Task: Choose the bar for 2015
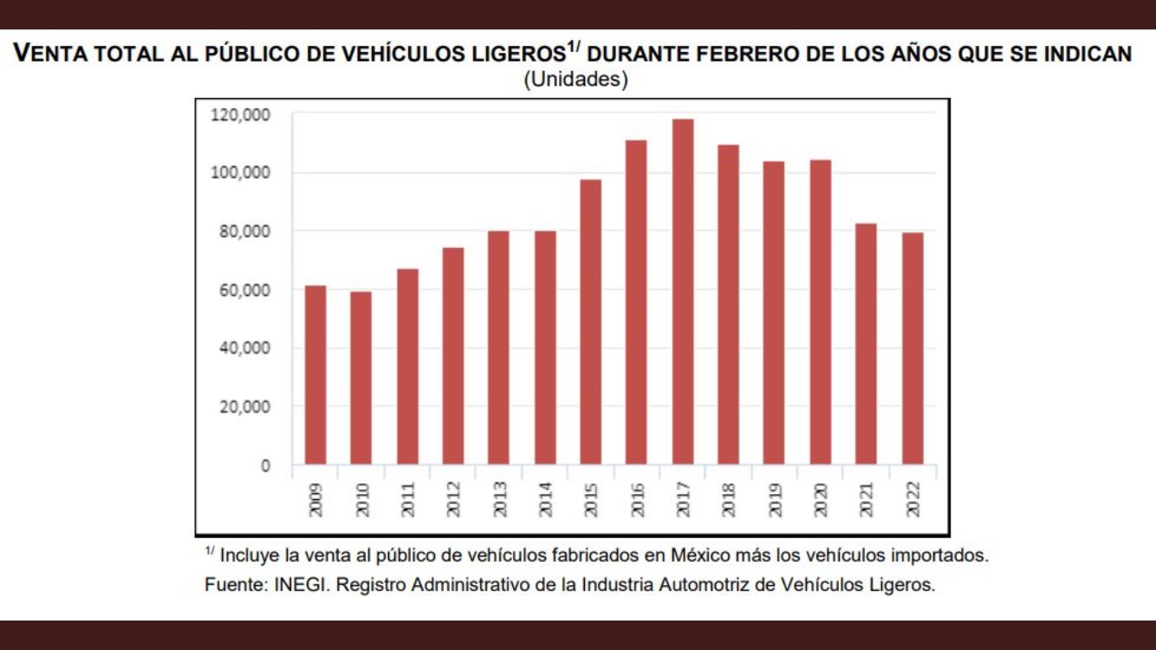(591, 322)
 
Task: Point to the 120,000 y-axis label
(240, 114)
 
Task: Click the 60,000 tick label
(244, 290)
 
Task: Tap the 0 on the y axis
(265, 465)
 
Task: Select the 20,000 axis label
(244, 406)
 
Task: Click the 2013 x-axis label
(499, 500)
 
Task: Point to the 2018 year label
(729, 500)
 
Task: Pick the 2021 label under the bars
(867, 500)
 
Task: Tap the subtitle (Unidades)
(575, 80)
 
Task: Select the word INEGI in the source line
(299, 584)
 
